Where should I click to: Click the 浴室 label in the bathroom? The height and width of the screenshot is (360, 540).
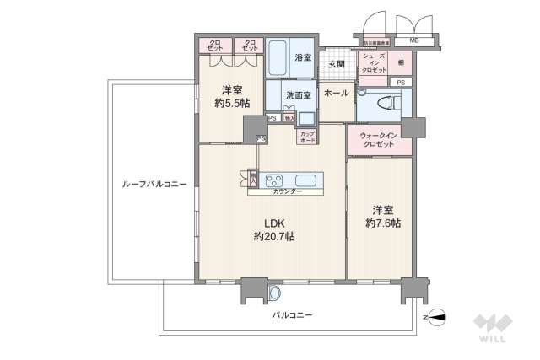click(x=303, y=58)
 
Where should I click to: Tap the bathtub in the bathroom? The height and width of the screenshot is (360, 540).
click(x=278, y=56)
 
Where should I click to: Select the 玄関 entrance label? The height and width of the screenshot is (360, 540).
click(x=337, y=63)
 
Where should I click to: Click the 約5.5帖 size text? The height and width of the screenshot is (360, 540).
click(x=232, y=103)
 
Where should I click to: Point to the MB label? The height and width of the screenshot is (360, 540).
click(x=414, y=40)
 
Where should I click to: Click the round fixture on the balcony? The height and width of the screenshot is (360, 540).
click(x=273, y=292)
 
